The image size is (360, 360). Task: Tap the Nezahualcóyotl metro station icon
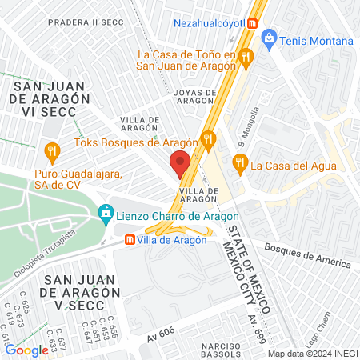coord(253,23)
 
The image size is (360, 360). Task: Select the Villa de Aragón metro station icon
coord(130,239)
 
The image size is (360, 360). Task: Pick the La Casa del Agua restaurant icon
coord(238,165)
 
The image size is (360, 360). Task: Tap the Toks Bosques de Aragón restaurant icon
coord(209,142)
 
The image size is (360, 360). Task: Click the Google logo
coord(26,350)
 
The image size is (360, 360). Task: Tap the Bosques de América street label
coord(307,257)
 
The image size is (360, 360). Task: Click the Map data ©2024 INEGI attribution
coord(311,354)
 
